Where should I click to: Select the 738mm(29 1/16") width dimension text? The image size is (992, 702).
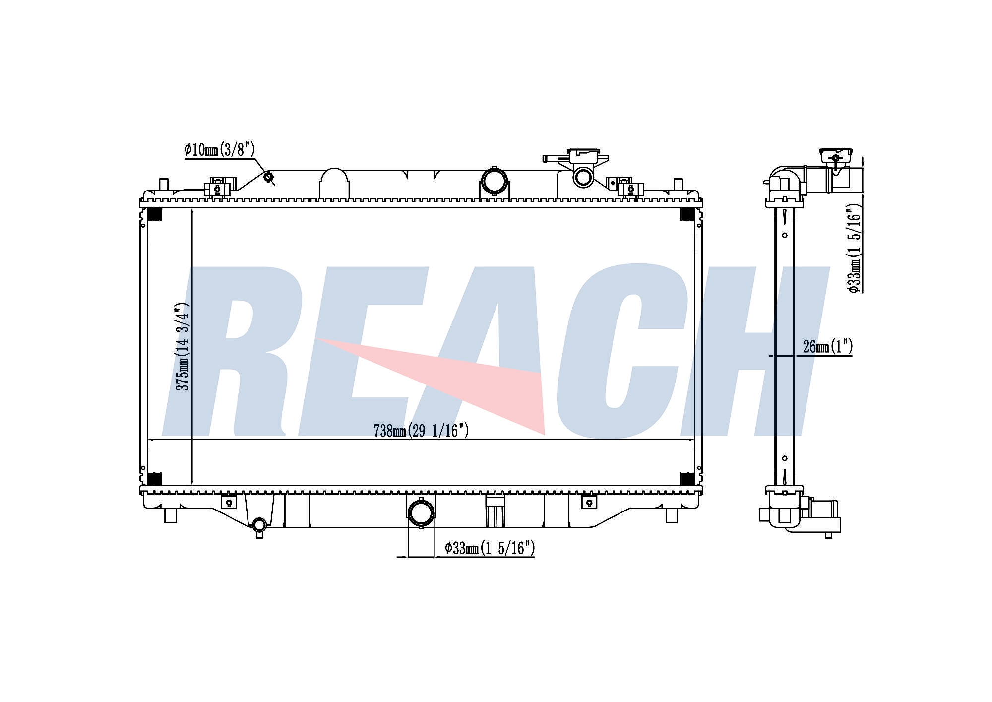click(x=421, y=431)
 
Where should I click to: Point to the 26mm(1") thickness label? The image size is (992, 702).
click(x=828, y=347)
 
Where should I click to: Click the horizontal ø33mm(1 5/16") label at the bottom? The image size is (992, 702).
click(x=490, y=548)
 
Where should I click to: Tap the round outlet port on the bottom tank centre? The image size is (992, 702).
click(x=420, y=513)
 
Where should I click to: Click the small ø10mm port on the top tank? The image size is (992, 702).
click(x=268, y=177)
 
